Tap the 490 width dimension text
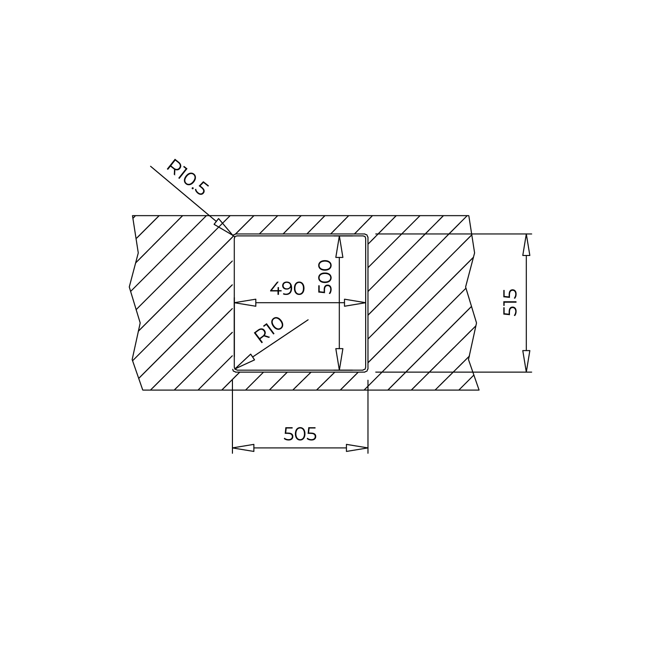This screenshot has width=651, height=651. click(288, 289)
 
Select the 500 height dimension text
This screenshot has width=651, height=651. click(325, 277)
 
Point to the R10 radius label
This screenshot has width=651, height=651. click(269, 330)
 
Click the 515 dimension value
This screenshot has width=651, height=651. click(510, 302)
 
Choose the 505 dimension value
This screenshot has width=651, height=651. click(300, 434)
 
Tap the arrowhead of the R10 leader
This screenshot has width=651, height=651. click(244, 361)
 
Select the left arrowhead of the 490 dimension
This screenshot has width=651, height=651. click(245, 302)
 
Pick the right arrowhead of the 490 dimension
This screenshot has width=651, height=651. click(355, 302)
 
